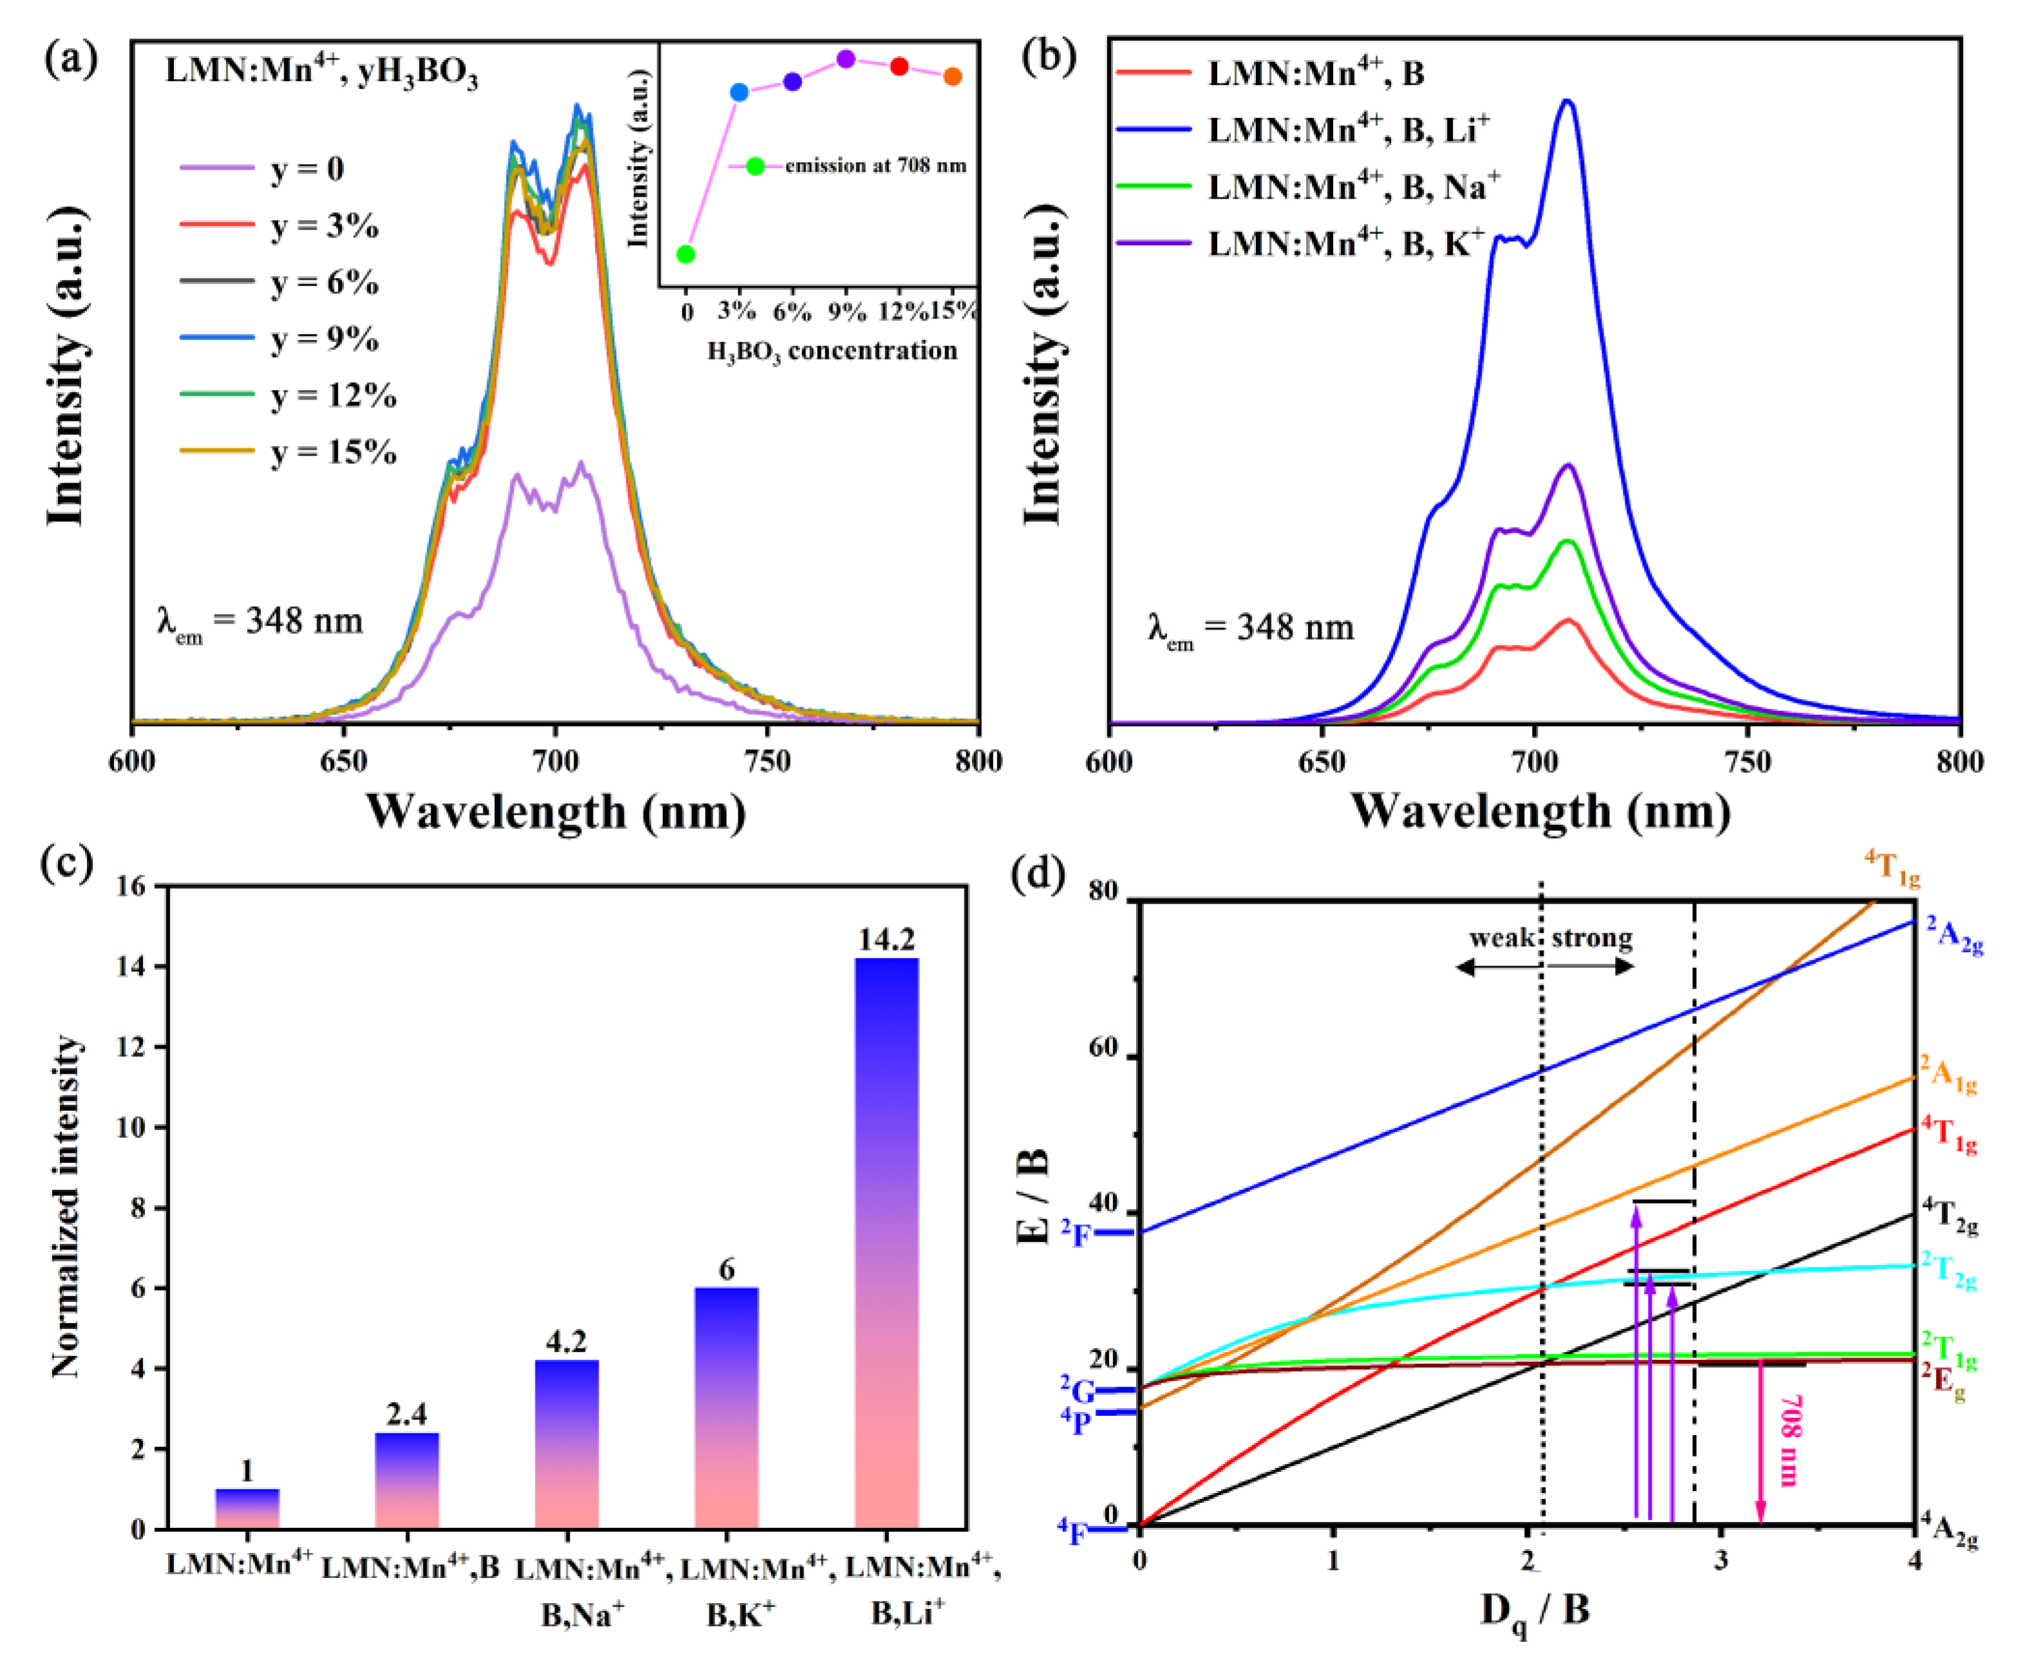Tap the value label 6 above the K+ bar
[x=726, y=1270]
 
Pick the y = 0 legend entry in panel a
[x=306, y=169]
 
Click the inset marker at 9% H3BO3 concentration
[x=846, y=59]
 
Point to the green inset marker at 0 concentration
[x=686, y=254]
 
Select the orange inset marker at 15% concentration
[x=952, y=77]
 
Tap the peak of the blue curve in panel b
[x=1567, y=102]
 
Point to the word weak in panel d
[x=1501, y=938]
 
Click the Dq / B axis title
[x=1536, y=1612]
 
